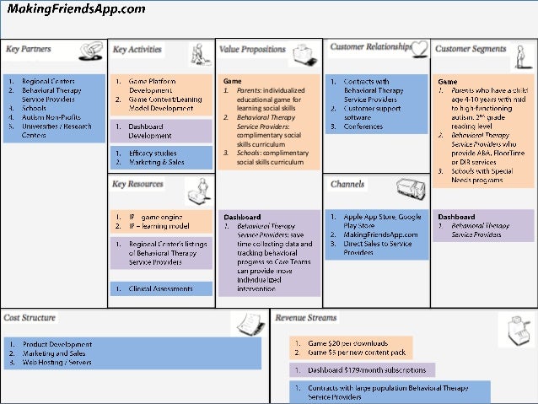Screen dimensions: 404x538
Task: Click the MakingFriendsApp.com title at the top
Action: pyautogui.click(x=76, y=9)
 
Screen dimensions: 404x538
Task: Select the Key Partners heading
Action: pyautogui.click(x=29, y=50)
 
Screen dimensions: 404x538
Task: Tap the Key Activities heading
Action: pyautogui.click(x=137, y=50)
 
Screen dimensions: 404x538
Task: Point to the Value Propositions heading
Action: pyautogui.click(x=253, y=50)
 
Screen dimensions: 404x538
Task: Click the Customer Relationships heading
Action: pyautogui.click(x=370, y=47)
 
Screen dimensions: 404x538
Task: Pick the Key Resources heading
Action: pyautogui.click(x=138, y=183)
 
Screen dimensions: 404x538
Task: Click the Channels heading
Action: pyautogui.click(x=348, y=184)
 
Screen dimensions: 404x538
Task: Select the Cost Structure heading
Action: pyautogui.click(x=30, y=318)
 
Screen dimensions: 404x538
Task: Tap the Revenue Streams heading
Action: pyautogui.click(x=306, y=318)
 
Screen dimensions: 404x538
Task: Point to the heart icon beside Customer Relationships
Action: pyautogui.click(x=421, y=48)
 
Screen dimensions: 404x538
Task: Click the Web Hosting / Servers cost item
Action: pyautogui.click(x=60, y=362)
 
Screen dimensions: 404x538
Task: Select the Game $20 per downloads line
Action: pyautogui.click(x=347, y=343)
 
